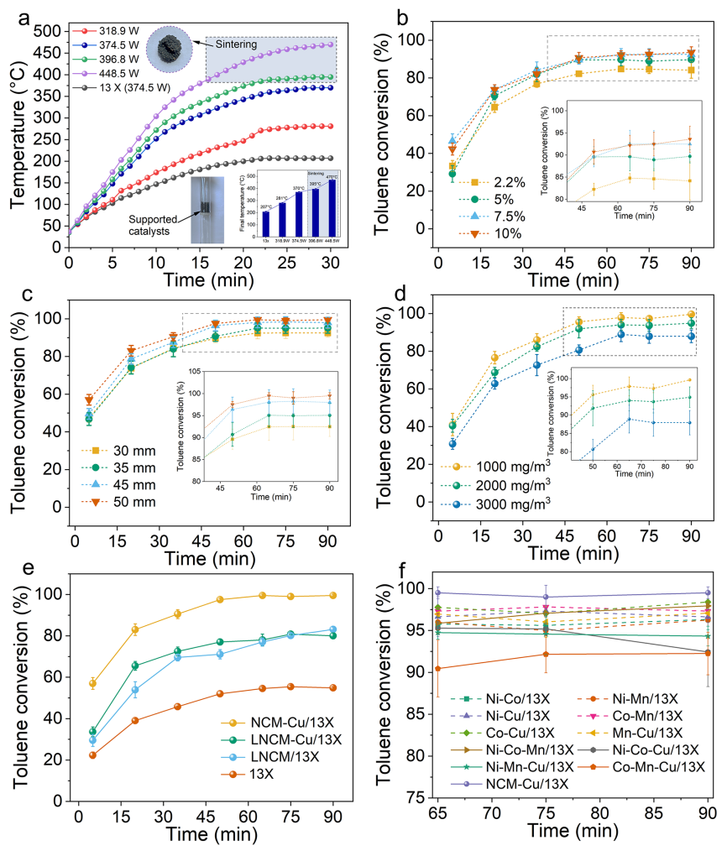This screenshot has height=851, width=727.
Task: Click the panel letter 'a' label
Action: click(25, 13)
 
